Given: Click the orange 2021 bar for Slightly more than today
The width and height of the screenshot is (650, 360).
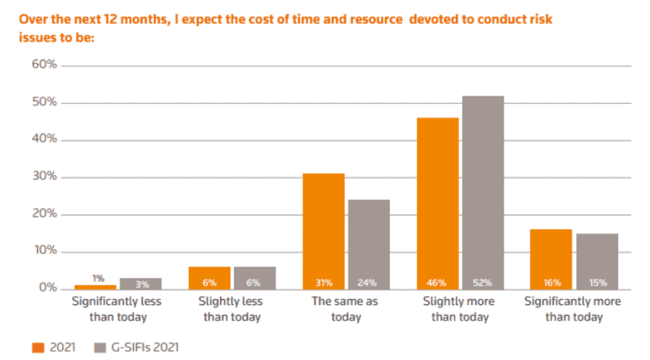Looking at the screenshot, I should click(437, 203).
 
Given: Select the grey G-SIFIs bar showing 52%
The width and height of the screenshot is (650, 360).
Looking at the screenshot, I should click(482, 192).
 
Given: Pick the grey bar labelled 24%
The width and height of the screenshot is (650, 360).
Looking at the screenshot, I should click(368, 244).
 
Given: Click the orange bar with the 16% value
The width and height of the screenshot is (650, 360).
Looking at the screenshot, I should click(551, 259).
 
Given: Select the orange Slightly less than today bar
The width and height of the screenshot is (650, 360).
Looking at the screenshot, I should click(210, 277).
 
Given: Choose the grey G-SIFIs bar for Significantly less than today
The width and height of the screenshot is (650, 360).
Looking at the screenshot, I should click(141, 282).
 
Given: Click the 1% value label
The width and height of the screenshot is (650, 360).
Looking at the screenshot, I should click(98, 278).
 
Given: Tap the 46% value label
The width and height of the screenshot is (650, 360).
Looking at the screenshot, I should click(437, 282).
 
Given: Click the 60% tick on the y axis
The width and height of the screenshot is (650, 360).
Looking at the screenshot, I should click(44, 65).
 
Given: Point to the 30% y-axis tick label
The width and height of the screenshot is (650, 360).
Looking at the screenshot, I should click(44, 177).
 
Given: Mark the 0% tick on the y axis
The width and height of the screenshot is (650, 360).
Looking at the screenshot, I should click(46, 288).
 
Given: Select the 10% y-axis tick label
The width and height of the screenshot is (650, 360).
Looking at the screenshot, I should click(44, 251).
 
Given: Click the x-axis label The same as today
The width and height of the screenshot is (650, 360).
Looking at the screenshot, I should click(346, 308).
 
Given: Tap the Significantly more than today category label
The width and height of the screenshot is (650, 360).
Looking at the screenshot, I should click(573, 308).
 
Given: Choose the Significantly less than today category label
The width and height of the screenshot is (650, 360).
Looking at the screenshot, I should click(119, 308).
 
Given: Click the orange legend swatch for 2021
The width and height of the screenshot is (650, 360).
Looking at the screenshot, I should click(38, 347).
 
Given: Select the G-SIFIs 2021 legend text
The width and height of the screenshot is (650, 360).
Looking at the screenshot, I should click(142, 347).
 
